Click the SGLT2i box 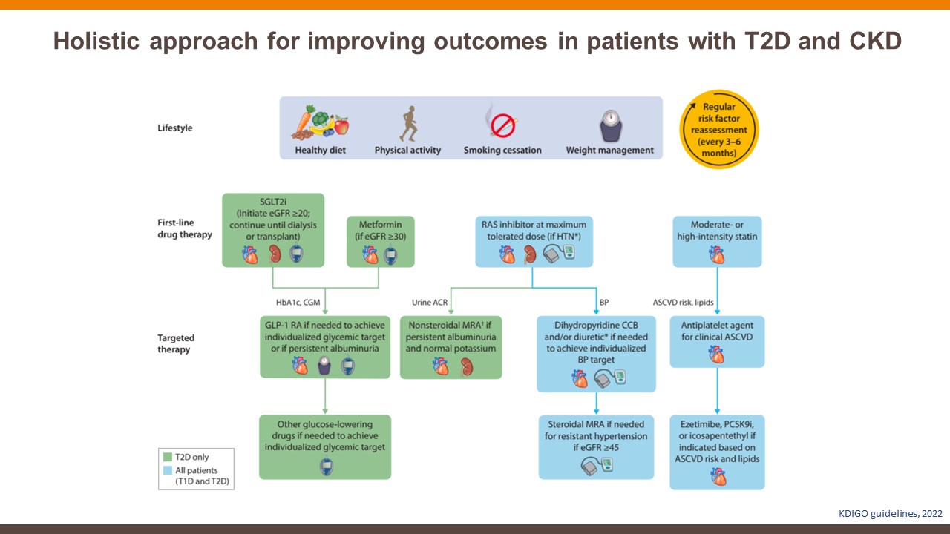(x=273, y=230)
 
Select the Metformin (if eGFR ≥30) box (x=380, y=241)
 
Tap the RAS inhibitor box (x=531, y=241)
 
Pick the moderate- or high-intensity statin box (x=717, y=241)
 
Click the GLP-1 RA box (x=325, y=347)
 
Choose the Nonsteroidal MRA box (x=451, y=347)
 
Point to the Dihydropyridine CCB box (x=596, y=354)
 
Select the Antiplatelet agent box (x=717, y=341)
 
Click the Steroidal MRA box (x=596, y=446)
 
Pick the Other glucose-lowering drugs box (x=325, y=446)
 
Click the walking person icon (x=407, y=124)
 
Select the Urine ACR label (x=429, y=303)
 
